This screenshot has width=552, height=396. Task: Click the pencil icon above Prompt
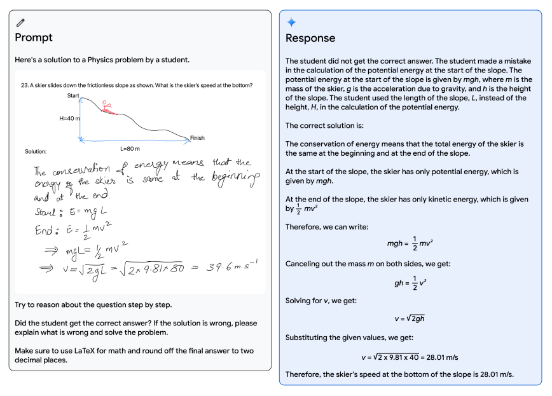20,23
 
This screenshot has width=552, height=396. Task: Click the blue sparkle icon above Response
291,22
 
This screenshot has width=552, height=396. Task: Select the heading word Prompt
34,38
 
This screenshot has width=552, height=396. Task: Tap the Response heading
310,38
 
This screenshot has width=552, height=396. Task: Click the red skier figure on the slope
107,107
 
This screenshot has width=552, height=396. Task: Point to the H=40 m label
70,118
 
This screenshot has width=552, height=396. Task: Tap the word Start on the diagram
73,95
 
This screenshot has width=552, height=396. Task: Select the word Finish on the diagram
197,138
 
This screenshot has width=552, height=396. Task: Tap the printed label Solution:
36,151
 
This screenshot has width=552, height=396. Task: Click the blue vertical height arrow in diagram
80,119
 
